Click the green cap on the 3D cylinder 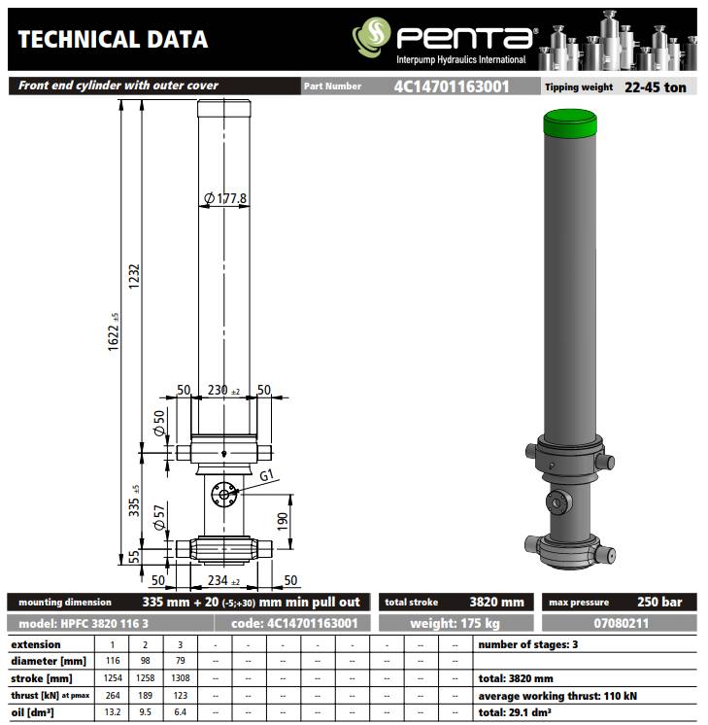tap(570, 123)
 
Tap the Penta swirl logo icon tap(372, 37)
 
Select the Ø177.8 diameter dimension tap(225, 199)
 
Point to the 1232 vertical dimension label tap(134, 277)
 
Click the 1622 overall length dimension tap(114, 332)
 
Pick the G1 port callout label tap(267, 475)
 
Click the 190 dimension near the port tap(283, 522)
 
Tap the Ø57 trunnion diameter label tap(159, 517)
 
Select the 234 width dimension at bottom tap(223, 580)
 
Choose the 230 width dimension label tap(223, 391)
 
